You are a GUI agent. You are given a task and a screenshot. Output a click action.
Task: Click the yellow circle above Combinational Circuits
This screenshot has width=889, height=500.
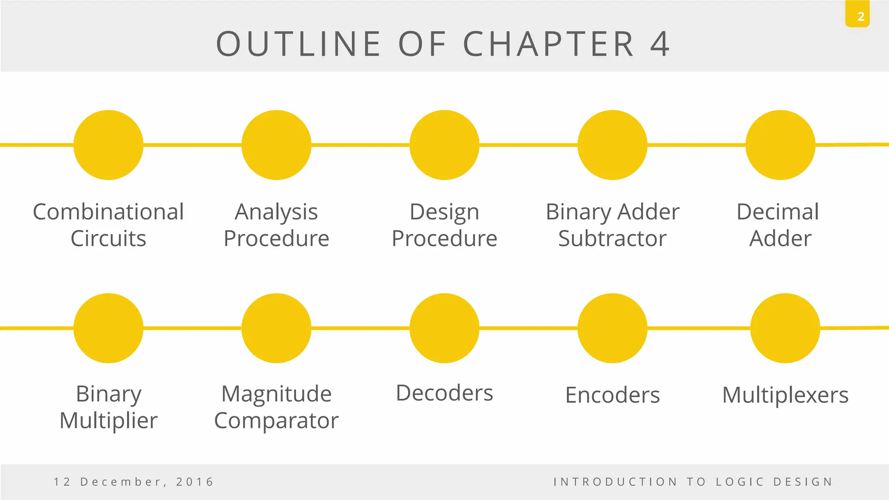(109, 145)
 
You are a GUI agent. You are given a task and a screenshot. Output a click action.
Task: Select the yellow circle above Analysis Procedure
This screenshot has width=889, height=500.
(277, 145)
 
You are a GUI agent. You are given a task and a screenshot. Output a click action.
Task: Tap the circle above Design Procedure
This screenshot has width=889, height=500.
(444, 145)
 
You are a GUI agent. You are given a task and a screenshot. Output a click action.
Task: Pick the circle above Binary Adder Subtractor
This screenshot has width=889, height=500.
(612, 145)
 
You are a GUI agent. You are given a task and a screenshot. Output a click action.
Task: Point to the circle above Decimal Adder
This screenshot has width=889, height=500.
(780, 145)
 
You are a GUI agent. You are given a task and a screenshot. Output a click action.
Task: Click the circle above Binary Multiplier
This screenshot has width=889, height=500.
(109, 328)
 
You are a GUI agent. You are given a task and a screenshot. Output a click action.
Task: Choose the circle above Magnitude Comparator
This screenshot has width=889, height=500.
(277, 328)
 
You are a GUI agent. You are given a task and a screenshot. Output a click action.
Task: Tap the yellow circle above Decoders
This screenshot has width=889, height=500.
(444, 328)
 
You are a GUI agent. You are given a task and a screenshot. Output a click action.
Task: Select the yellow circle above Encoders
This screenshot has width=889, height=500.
(612, 328)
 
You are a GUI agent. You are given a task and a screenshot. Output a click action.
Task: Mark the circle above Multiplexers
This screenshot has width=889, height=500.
(785, 328)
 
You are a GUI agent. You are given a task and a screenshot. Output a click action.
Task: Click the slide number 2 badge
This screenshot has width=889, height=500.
(857, 16)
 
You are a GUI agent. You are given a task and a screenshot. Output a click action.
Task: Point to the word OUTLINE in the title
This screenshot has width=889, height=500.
(299, 44)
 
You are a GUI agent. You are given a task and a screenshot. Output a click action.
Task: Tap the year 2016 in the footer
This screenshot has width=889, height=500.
(195, 482)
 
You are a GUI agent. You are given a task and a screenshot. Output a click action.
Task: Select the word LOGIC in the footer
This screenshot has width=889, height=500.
(740, 482)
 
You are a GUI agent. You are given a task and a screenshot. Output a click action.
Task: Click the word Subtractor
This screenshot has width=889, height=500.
(612, 239)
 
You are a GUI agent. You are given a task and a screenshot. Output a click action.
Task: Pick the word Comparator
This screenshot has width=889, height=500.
(277, 421)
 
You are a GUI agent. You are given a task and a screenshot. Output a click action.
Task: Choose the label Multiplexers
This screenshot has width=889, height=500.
(785, 395)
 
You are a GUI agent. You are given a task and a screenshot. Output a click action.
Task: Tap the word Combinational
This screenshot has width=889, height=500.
(109, 212)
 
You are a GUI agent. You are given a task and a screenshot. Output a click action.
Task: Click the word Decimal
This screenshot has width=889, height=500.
(778, 212)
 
